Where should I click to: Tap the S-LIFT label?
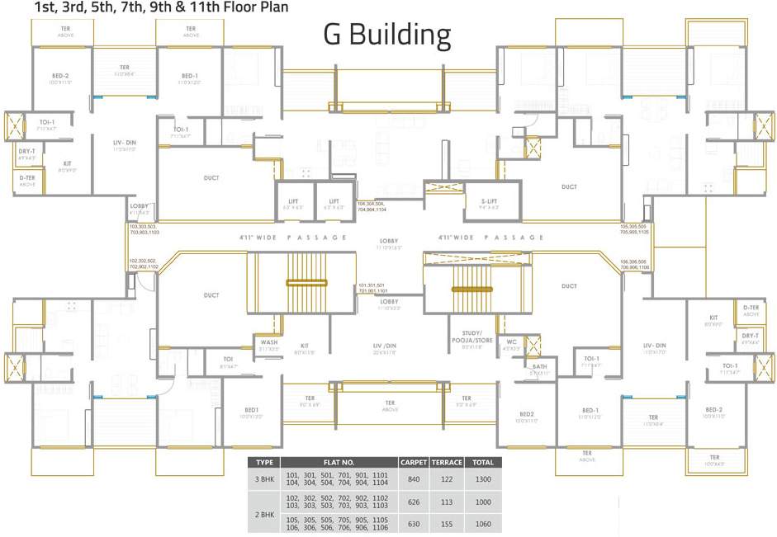click(490, 200)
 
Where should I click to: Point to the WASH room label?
click(268, 342)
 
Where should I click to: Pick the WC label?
click(512, 342)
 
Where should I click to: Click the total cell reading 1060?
click(483, 523)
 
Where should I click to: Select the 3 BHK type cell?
click(264, 478)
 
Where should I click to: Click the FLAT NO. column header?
click(339, 463)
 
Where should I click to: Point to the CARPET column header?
click(413, 463)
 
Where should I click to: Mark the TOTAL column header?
click(483, 463)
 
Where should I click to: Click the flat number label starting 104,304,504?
click(372, 206)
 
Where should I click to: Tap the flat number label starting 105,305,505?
click(634, 228)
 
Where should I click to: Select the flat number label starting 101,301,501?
click(372, 288)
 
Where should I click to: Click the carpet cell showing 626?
click(413, 501)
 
